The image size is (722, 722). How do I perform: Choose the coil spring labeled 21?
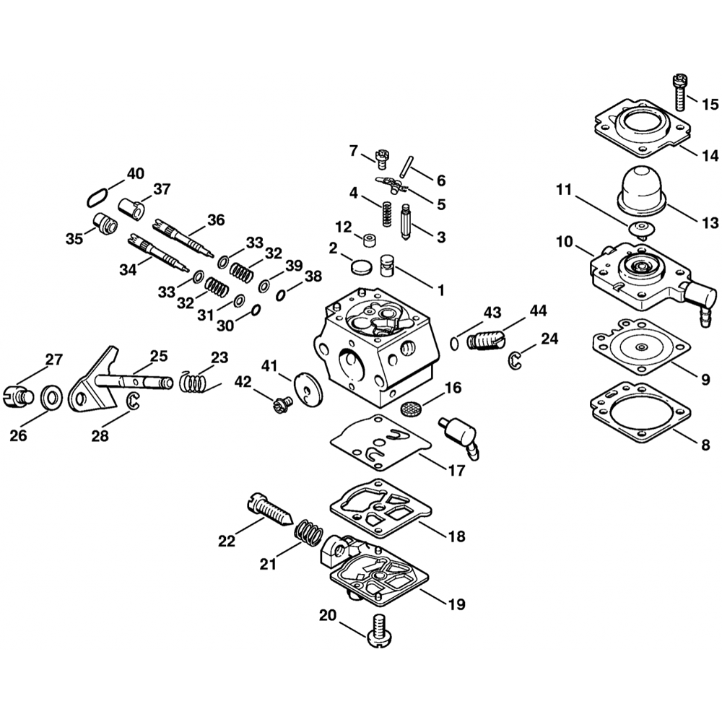point(310,534)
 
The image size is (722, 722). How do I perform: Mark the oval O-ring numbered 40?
point(97,195)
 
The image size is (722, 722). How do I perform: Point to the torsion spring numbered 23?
point(196,380)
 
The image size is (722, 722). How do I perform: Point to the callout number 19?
point(456,603)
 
